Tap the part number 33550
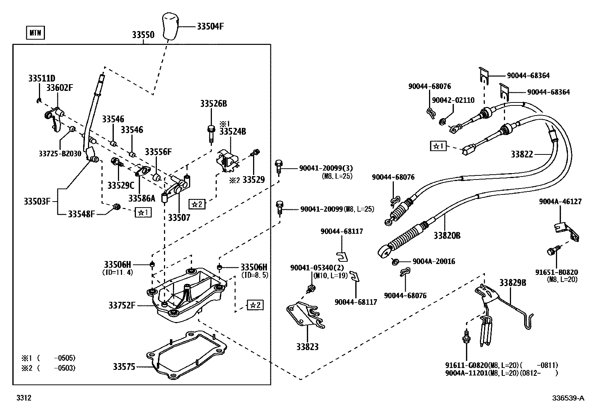coord(143,35)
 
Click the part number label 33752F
coord(122,306)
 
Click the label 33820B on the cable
coord(447,236)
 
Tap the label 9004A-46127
coord(560,202)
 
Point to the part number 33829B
coord(513,283)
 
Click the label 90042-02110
coord(453,100)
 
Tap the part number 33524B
coord(232,131)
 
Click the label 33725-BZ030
coord(60,153)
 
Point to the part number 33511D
coord(42,79)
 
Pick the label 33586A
coord(142,198)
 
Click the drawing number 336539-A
coord(568,398)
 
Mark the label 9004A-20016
coord(434,261)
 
